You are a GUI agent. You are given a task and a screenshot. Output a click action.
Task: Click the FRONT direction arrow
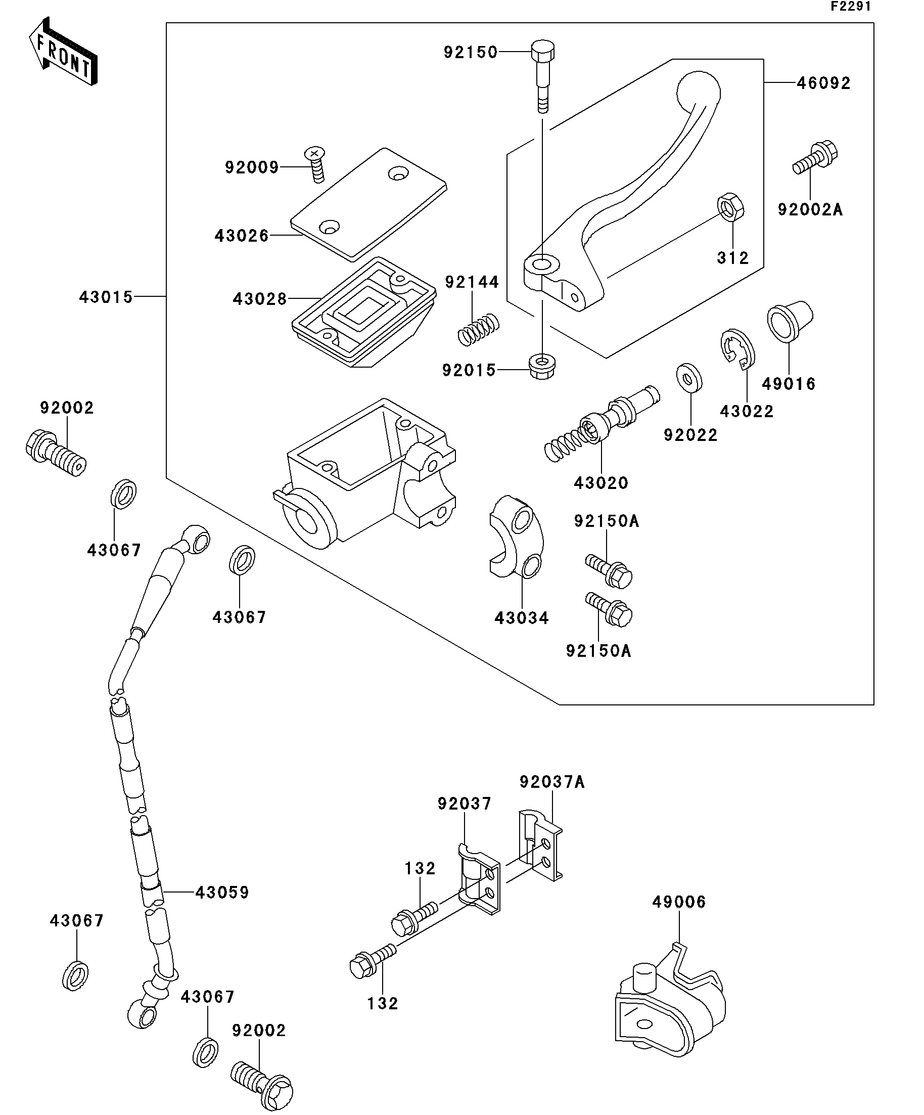pos(63,52)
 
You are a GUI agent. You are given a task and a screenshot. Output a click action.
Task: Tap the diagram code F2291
pos(851,7)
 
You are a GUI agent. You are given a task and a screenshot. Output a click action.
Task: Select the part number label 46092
pos(823,83)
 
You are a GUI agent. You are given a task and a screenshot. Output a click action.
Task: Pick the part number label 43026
pos(242,235)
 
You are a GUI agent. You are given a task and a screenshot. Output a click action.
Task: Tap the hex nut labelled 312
pos(730,207)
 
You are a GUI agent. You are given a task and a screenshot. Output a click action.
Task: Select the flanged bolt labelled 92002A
pos(815,157)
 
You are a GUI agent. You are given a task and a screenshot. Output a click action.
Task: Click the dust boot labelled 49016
pos(790,322)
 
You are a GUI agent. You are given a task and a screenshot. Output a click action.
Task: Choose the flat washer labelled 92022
pos(689,378)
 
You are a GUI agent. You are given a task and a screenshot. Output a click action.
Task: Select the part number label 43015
pos(106,297)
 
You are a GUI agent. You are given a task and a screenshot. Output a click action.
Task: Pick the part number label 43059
pos(222,892)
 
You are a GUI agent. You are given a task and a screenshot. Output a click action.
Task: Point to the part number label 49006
pos(679,902)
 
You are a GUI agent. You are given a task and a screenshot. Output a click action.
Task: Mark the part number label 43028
pos(259,299)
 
